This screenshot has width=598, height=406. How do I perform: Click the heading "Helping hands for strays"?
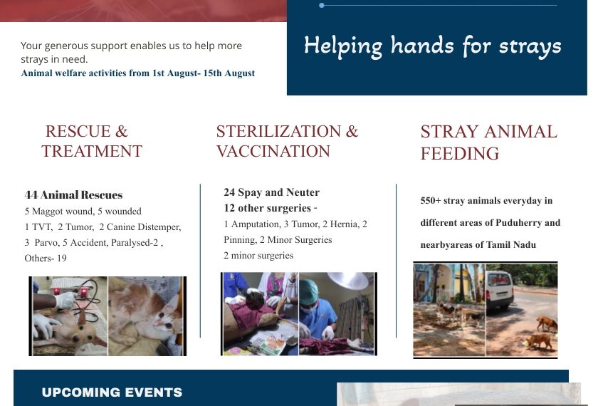pyautogui.click(x=432, y=46)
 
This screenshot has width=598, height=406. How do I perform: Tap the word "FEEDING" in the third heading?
pyautogui.click(x=460, y=154)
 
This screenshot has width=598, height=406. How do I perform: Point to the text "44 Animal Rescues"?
pyautogui.click(x=73, y=194)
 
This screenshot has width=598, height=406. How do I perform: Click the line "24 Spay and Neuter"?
pyautogui.click(x=271, y=192)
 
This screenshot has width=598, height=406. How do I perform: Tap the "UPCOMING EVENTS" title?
pyautogui.click(x=112, y=392)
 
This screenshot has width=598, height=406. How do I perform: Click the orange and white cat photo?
pyautogui.click(x=147, y=316)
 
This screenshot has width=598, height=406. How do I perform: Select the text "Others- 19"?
pyautogui.click(x=46, y=258)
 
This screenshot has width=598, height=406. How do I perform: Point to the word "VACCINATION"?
pyautogui.click(x=273, y=152)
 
